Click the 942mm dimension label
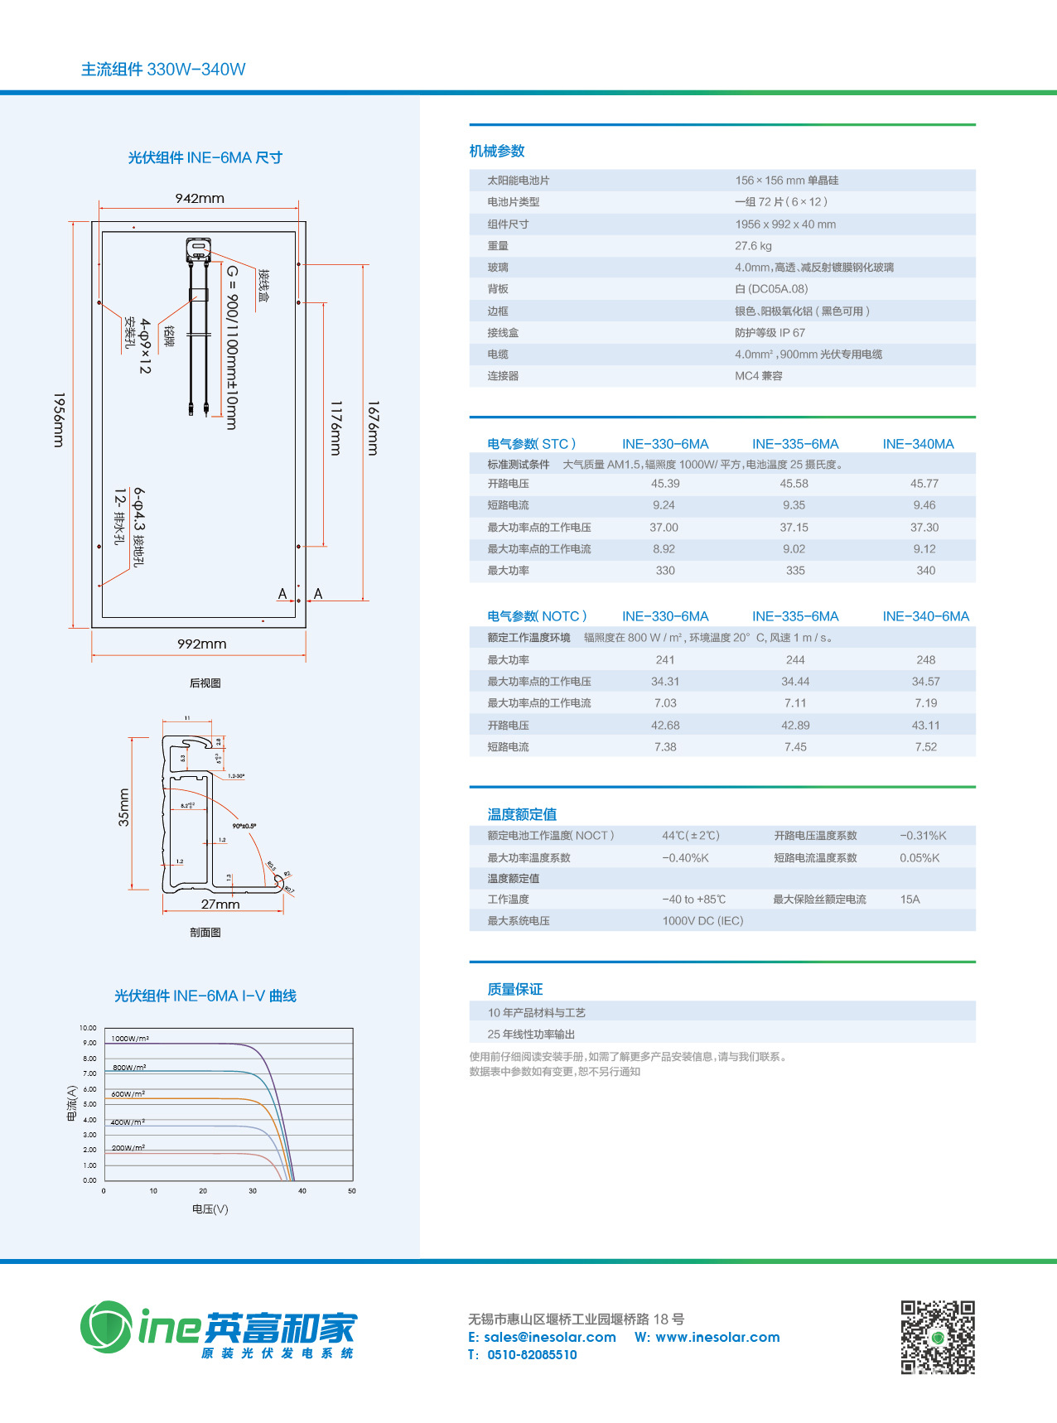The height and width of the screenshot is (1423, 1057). (x=200, y=199)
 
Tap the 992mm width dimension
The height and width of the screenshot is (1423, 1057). (x=201, y=644)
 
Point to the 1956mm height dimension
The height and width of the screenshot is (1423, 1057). (x=59, y=420)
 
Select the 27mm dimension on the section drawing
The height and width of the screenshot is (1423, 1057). (x=220, y=904)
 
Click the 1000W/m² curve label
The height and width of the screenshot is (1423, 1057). (x=130, y=1039)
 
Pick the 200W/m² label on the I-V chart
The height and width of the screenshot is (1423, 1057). (x=128, y=1148)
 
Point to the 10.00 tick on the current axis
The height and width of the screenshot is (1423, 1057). (x=88, y=1028)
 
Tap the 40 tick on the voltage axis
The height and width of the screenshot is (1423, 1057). (x=302, y=1191)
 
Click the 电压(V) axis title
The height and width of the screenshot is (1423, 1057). (x=210, y=1209)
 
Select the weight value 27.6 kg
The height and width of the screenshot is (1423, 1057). (x=753, y=246)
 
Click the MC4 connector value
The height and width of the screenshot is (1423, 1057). (x=758, y=376)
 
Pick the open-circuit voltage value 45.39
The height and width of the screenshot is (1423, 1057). (x=665, y=484)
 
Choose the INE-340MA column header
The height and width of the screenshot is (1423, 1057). (x=918, y=444)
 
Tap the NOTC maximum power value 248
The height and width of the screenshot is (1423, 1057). (x=925, y=660)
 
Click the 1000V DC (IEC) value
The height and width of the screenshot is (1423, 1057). (x=702, y=921)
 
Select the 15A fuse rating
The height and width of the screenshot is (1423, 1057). (x=910, y=900)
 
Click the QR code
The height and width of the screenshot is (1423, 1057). (x=938, y=1337)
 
